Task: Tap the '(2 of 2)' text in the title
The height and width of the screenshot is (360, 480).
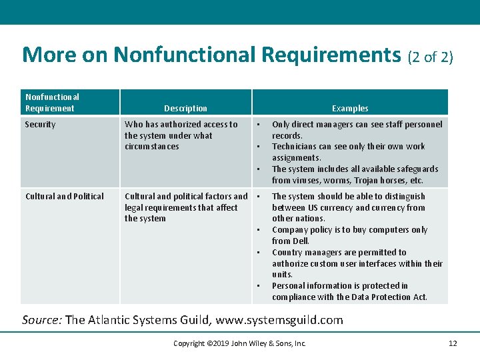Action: pyautogui.click(x=430, y=57)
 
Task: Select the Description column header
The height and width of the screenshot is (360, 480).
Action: pyautogui.click(x=185, y=109)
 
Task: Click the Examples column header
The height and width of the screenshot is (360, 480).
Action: pyautogui.click(x=350, y=109)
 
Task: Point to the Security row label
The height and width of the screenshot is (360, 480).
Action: pyautogui.click(x=41, y=125)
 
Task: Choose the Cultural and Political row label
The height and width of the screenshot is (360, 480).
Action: pyautogui.click(x=65, y=197)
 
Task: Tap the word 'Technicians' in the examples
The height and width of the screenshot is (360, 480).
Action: pyautogui.click(x=294, y=147)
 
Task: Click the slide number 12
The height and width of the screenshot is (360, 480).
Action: pyautogui.click(x=453, y=343)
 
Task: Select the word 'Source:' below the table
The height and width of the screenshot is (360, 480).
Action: pyautogui.click(x=42, y=320)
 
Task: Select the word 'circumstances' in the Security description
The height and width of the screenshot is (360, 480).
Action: pyautogui.click(x=152, y=147)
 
